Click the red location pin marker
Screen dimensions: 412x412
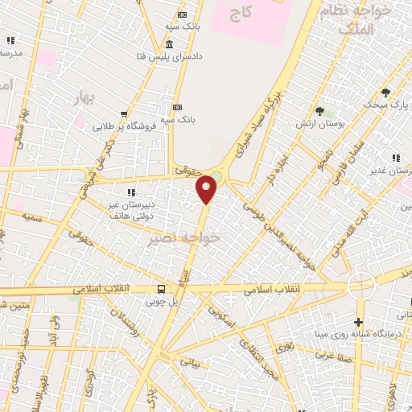(208, 188)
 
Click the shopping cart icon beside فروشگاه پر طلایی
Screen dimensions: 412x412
(123, 114)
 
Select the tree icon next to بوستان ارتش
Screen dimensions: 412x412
(319, 110)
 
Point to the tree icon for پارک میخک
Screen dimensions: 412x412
(385, 92)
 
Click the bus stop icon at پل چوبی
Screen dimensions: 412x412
(162, 290)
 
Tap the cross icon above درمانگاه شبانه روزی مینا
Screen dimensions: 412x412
(359, 300)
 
